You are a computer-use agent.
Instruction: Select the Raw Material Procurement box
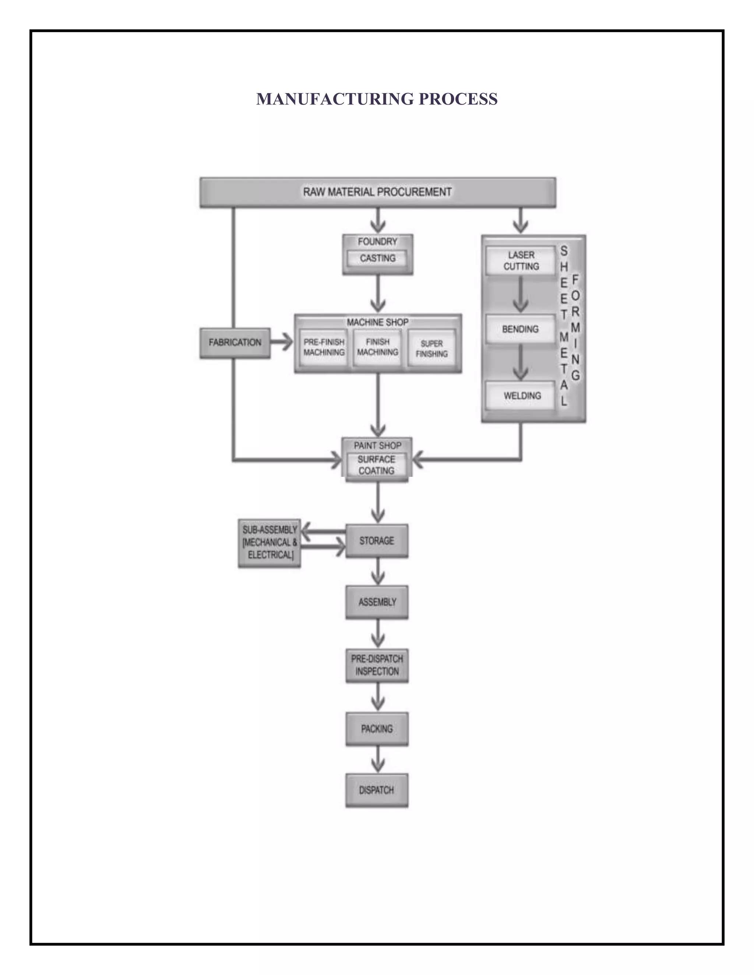[x=377, y=192]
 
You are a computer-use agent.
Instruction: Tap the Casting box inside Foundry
[x=377, y=258]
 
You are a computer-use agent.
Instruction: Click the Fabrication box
[x=235, y=343]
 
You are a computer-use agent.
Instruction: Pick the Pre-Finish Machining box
[x=324, y=347]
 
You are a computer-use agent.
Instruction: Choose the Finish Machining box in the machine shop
[x=377, y=347]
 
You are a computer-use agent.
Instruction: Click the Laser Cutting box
[x=521, y=261]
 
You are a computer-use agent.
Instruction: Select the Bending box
[x=520, y=329]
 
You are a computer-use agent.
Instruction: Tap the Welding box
[x=522, y=396]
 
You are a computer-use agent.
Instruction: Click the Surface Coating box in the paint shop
[x=377, y=465]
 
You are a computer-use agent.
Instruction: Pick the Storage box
[x=377, y=540]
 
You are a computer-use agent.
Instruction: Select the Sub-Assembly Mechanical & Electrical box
[x=269, y=542]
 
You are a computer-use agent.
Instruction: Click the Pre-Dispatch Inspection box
[x=377, y=665]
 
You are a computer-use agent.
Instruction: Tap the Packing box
[x=377, y=728]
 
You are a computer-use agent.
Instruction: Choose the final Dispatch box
[x=377, y=790]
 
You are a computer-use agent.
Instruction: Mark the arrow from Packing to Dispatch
[x=378, y=760]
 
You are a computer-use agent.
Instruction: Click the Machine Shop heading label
[x=377, y=322]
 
